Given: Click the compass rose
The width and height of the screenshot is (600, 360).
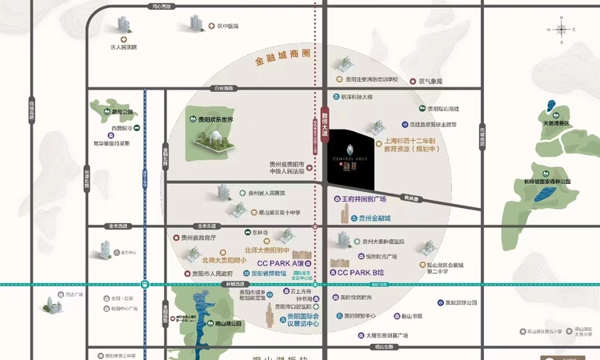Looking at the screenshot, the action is pos(562,30).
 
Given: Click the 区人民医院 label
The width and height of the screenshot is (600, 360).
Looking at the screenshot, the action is pos(123,47).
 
